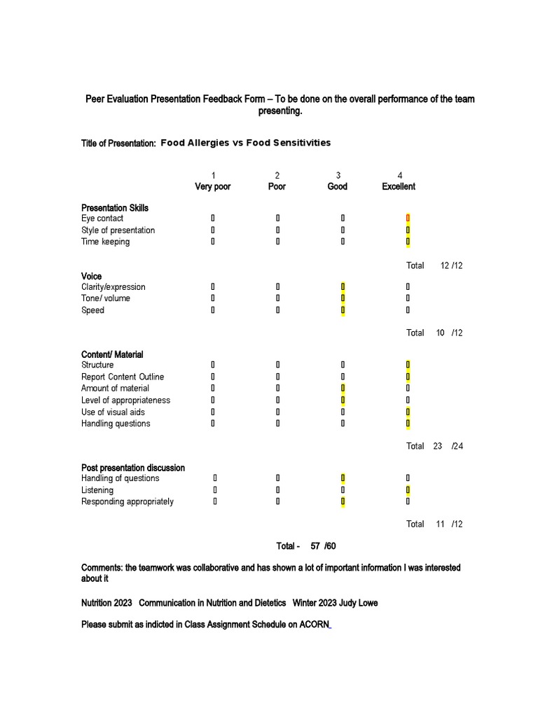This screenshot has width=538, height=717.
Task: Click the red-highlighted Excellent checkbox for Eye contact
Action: (x=408, y=218)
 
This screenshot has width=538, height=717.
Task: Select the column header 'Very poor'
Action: (x=212, y=187)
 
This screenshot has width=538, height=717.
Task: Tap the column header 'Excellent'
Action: (x=399, y=187)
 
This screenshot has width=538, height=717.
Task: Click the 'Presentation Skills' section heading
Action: (x=115, y=208)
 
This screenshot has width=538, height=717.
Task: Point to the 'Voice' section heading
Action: (x=92, y=277)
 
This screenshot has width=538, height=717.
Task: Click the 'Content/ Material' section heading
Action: (x=112, y=355)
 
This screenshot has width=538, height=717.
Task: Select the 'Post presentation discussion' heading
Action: (x=133, y=468)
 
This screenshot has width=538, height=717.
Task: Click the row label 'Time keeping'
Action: (x=105, y=242)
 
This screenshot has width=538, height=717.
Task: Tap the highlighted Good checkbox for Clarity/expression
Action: (x=343, y=287)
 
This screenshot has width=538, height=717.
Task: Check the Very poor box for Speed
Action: (x=213, y=310)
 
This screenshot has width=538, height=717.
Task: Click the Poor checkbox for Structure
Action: (x=277, y=365)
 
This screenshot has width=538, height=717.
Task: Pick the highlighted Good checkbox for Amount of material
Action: (x=343, y=389)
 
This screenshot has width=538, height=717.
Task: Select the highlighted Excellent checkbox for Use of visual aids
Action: (x=408, y=412)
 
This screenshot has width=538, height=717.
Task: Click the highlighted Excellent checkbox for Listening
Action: (x=408, y=490)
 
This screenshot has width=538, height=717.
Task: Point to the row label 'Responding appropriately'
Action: (x=127, y=502)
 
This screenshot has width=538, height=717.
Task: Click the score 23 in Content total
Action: (x=437, y=446)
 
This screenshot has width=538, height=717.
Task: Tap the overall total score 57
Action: (x=315, y=546)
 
